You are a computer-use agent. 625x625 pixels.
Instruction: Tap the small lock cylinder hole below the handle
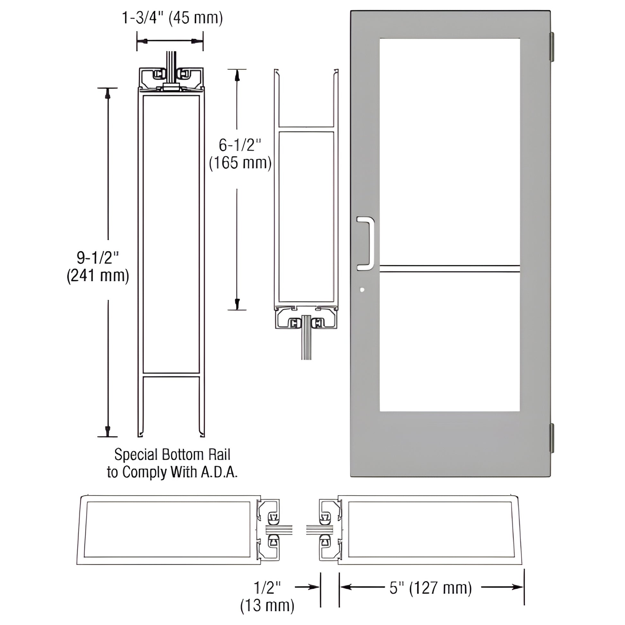362,290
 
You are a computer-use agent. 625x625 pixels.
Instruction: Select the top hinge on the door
552,47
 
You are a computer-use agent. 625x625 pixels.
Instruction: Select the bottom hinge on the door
552,438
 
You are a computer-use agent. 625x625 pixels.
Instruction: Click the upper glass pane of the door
450,149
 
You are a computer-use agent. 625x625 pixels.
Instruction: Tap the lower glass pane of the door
450,343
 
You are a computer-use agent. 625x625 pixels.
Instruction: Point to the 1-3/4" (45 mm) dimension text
172,18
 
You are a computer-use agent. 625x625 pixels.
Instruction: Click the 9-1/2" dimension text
98,258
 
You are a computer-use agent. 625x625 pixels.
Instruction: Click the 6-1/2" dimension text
240,145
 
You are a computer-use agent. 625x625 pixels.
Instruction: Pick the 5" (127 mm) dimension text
431,588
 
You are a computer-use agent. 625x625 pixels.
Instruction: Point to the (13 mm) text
267,605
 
